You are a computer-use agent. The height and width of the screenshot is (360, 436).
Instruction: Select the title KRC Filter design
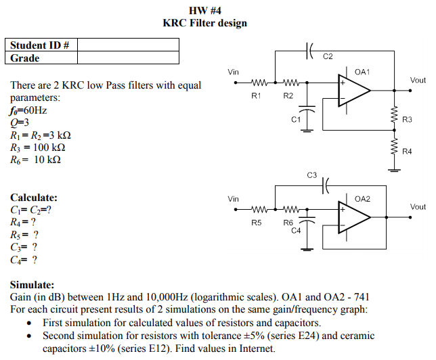click(204, 23)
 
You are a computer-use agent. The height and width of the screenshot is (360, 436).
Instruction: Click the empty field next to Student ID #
click(129, 45)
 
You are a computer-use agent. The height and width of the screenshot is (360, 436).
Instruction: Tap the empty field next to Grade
click(129, 58)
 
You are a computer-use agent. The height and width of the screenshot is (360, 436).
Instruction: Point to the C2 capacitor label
click(328, 56)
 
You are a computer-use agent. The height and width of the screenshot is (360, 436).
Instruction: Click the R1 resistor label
click(256, 96)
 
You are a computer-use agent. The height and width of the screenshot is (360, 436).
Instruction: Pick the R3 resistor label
click(407, 119)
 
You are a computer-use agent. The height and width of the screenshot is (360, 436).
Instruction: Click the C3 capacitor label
click(311, 175)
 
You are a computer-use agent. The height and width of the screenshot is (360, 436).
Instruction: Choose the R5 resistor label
click(256, 223)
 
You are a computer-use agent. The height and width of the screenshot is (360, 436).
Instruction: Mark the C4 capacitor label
click(296, 231)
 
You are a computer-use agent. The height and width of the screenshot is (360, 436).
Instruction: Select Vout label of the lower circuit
click(418, 206)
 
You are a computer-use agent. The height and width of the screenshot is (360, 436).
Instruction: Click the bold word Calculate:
click(34, 198)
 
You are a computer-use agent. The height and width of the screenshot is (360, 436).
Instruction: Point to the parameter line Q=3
click(19, 122)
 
